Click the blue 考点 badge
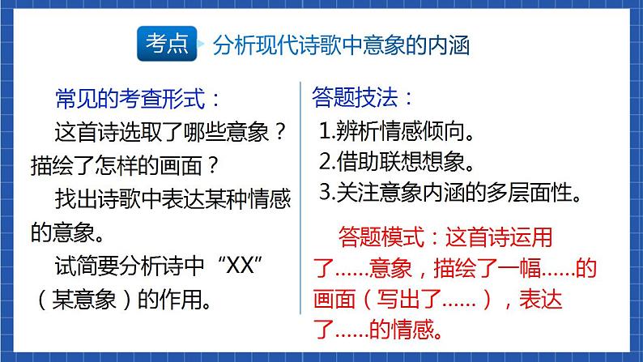coord(168,45)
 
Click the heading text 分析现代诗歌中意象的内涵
coord(340,45)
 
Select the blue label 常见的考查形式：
coord(137,99)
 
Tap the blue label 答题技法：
coord(364,99)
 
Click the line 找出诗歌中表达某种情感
coord(172,199)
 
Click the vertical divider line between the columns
coord(300,198)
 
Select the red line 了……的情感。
coord(379,330)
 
